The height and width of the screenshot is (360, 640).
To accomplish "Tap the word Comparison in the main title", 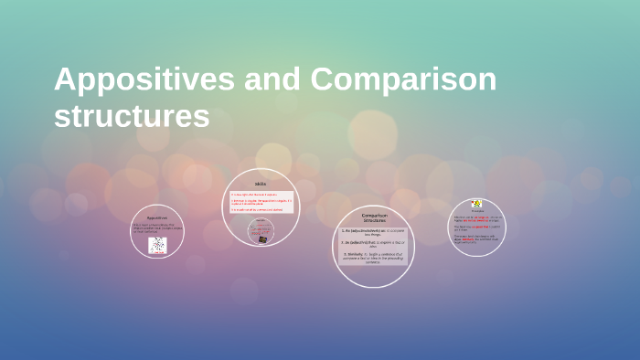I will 403,80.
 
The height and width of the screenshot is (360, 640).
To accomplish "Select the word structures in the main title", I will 132,117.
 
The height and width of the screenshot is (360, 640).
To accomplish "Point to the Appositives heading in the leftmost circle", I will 157,218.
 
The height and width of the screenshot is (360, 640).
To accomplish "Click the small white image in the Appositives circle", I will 157,245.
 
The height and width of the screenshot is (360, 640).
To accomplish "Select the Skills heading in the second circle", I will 260,185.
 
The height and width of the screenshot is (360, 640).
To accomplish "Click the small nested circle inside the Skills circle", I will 261,231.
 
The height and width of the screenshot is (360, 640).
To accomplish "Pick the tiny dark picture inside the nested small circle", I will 263,238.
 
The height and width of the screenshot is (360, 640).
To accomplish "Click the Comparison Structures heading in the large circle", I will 374,217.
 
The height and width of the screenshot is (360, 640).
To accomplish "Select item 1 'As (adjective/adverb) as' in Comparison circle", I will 374,232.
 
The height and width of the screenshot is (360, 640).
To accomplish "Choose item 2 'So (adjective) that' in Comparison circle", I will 374,243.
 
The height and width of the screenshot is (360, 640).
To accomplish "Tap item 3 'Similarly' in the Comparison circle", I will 374,258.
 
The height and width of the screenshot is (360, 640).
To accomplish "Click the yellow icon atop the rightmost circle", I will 476,204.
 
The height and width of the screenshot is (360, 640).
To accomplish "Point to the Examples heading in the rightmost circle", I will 476,211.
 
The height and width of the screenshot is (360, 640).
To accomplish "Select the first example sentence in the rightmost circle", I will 476,218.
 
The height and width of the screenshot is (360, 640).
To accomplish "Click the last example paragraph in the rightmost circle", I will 476,238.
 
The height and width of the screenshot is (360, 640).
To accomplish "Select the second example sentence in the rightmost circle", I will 476,228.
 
